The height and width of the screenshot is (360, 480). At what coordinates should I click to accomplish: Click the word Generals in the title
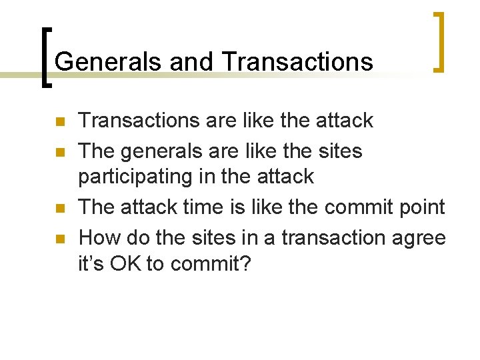[109, 62]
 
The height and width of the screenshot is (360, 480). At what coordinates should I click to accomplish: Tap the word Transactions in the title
[299, 62]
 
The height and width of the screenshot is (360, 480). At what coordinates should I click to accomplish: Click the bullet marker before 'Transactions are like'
[59, 122]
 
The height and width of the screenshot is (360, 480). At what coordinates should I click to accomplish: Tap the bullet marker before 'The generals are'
[59, 152]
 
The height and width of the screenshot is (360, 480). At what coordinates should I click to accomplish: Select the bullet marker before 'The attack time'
[59, 209]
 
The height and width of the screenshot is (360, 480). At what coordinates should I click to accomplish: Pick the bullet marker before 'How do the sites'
[59, 239]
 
